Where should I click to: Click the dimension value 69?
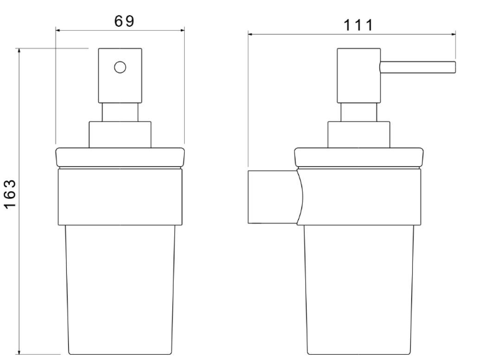124,21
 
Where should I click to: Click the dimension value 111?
358,26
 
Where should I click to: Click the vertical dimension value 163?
10,194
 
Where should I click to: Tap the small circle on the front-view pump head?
120,67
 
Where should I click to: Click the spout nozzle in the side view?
417,67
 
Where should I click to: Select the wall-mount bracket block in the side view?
273,197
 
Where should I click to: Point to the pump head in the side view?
358,76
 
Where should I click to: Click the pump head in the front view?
120,76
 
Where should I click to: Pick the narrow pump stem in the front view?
120,113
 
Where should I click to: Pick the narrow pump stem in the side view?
359,113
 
